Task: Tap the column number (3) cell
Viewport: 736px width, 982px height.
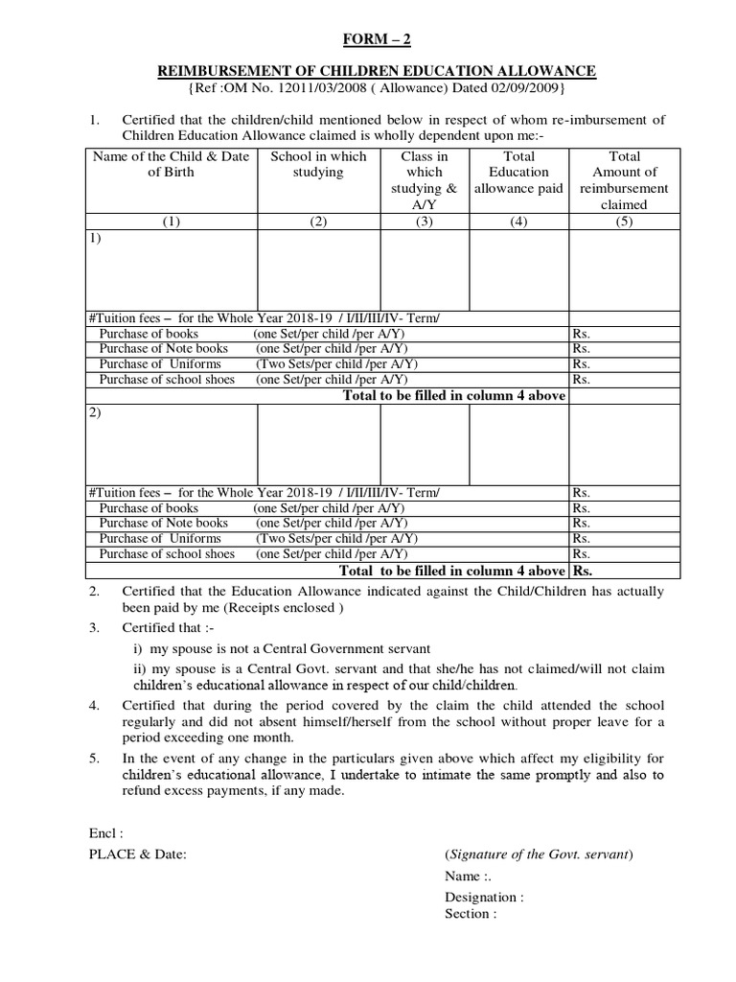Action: click(425, 220)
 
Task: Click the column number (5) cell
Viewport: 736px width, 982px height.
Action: click(624, 220)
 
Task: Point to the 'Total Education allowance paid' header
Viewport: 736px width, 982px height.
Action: click(518, 172)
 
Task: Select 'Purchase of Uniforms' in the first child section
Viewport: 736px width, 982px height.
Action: click(160, 364)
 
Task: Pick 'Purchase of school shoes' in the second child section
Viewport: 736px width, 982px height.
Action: click(167, 553)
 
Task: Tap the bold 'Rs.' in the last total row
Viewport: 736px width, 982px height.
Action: click(584, 570)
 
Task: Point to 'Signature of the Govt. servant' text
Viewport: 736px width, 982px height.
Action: click(539, 854)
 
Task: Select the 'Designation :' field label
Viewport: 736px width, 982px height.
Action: click(484, 898)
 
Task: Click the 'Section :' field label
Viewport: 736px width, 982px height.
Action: click(471, 914)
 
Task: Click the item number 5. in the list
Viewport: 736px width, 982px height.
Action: click(95, 757)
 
